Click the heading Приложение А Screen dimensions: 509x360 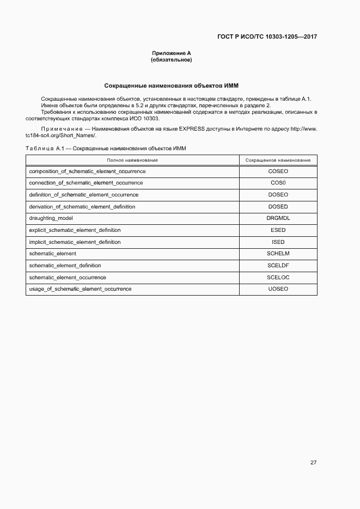[x=171, y=53]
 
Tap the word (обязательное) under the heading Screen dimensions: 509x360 [x=171, y=59]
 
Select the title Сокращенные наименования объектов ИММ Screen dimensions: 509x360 [x=171, y=86]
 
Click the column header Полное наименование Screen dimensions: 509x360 [x=132, y=160]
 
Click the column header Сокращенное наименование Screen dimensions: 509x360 [x=278, y=160]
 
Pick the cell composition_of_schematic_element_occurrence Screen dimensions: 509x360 [x=87, y=171]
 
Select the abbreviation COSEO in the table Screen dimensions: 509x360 [x=278, y=171]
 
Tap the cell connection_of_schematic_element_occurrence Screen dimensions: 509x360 [x=86, y=183]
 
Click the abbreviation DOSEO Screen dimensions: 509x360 [x=278, y=195]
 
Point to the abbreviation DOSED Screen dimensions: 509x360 [x=278, y=207]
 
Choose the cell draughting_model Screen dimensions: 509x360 [x=51, y=218]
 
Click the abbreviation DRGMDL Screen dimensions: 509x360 [x=278, y=218]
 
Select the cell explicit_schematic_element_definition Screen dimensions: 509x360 [x=75, y=230]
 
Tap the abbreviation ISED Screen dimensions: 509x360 [x=278, y=242]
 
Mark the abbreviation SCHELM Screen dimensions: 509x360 [x=278, y=254]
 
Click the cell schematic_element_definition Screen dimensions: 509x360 [x=65, y=266]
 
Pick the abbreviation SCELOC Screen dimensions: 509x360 [x=278, y=277]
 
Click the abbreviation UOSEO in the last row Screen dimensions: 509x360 [x=278, y=289]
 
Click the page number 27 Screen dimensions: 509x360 [x=313, y=463]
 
